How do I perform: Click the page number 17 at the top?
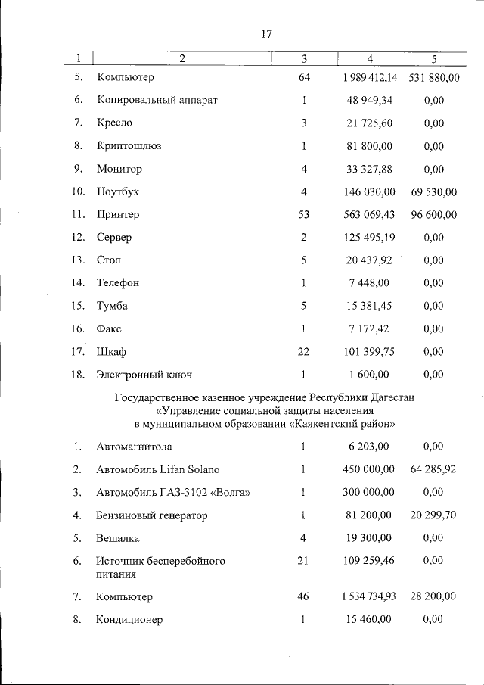click(265, 34)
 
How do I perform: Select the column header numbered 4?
click(369, 58)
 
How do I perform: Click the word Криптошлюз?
click(124, 147)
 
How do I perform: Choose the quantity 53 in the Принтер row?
click(302, 215)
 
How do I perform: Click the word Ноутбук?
click(118, 192)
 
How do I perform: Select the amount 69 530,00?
click(433, 192)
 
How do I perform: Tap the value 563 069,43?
click(370, 215)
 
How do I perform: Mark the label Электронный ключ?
click(144, 374)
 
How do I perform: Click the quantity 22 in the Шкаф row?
click(302, 351)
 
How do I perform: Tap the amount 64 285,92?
click(433, 470)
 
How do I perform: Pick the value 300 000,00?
click(370, 493)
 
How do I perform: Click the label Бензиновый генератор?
click(151, 515)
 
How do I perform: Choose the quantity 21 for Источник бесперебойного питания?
click(302, 561)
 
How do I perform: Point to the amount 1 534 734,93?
click(370, 597)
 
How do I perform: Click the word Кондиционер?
click(129, 620)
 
